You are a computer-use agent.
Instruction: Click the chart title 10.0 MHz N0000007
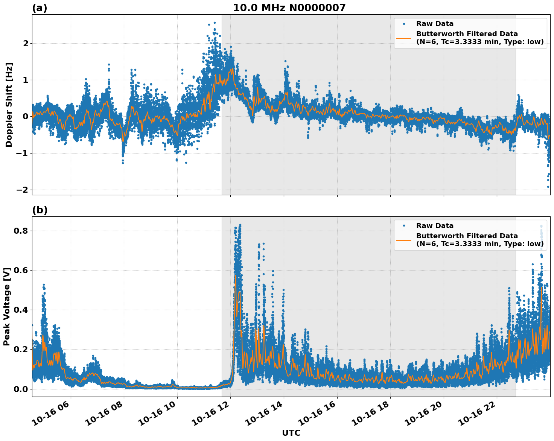coord(289,8)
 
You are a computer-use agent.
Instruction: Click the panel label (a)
coord(40,8)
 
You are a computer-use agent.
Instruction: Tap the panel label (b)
coord(40,210)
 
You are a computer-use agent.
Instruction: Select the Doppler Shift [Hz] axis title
coord(9,105)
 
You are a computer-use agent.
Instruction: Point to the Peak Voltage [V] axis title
coord(7,307)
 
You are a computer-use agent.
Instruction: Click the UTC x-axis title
coord(291,433)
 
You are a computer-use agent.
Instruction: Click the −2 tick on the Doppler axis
coord(22,190)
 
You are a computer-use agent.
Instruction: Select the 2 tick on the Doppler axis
coord(26,44)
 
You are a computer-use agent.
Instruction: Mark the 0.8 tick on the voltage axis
coord(21,231)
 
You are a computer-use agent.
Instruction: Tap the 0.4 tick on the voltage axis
coord(21,310)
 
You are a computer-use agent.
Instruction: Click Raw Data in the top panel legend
coord(435,24)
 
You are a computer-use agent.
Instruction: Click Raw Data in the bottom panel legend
coord(435,226)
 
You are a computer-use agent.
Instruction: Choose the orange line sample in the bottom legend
coord(404,240)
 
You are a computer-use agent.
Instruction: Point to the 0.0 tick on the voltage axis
coord(21,389)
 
